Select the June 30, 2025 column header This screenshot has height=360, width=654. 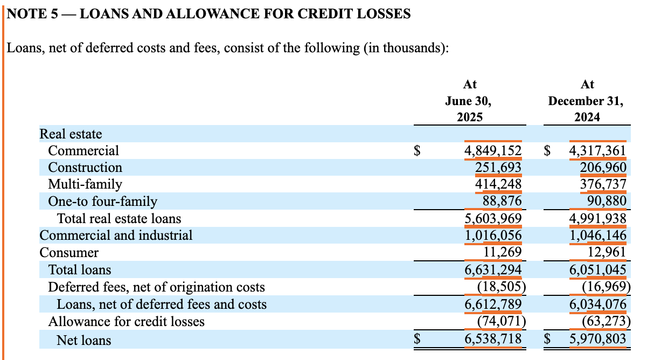click(469, 101)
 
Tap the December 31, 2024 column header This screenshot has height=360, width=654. click(587, 101)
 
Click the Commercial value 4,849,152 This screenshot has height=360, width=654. click(492, 150)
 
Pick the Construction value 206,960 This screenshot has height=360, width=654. click(603, 168)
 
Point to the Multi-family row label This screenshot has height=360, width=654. click(85, 184)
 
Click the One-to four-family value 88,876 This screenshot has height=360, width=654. click(502, 202)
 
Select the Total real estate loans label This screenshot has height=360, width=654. click(119, 218)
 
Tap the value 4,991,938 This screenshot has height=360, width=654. click(598, 218)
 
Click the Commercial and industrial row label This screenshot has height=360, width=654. click(116, 236)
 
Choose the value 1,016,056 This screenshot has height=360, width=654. click(492, 236)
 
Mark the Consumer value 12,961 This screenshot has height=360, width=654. click(607, 252)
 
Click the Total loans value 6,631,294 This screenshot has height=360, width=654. click(492, 269)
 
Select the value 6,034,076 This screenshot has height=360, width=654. click(598, 304)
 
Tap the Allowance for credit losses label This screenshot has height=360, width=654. click(127, 322)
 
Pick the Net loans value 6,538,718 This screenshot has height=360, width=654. click(492, 340)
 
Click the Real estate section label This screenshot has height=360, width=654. click(71, 134)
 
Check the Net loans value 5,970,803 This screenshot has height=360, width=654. click(598, 340)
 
